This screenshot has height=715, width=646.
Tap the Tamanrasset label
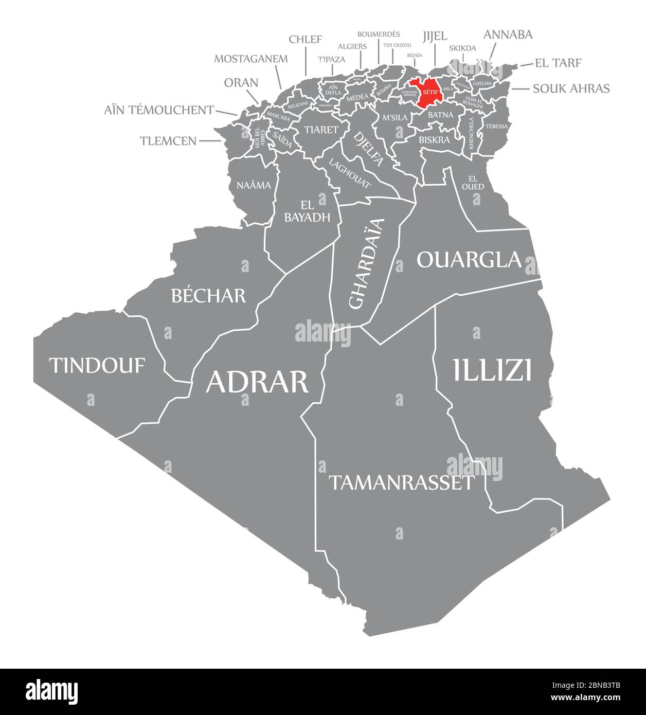click(401, 482)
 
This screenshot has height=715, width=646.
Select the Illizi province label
click(492, 370)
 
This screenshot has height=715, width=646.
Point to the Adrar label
click(257, 382)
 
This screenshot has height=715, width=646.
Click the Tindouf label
click(97, 365)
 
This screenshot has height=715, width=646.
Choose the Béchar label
click(208, 295)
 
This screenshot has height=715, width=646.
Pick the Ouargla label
click(469, 260)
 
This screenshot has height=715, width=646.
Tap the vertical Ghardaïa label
click(366, 263)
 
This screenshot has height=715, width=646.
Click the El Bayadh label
click(307, 211)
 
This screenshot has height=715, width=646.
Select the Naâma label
click(254, 185)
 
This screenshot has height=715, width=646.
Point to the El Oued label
click(473, 183)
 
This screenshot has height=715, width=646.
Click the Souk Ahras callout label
click(571, 88)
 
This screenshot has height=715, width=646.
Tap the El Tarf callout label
click(558, 63)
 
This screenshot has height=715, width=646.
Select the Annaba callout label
click(508, 34)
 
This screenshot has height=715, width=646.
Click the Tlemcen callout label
click(168, 140)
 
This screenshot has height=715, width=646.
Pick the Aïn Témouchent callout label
click(159, 110)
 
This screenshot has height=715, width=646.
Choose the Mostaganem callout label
click(250, 58)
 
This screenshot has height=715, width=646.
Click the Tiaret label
click(321, 130)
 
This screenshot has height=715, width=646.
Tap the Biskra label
click(434, 139)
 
